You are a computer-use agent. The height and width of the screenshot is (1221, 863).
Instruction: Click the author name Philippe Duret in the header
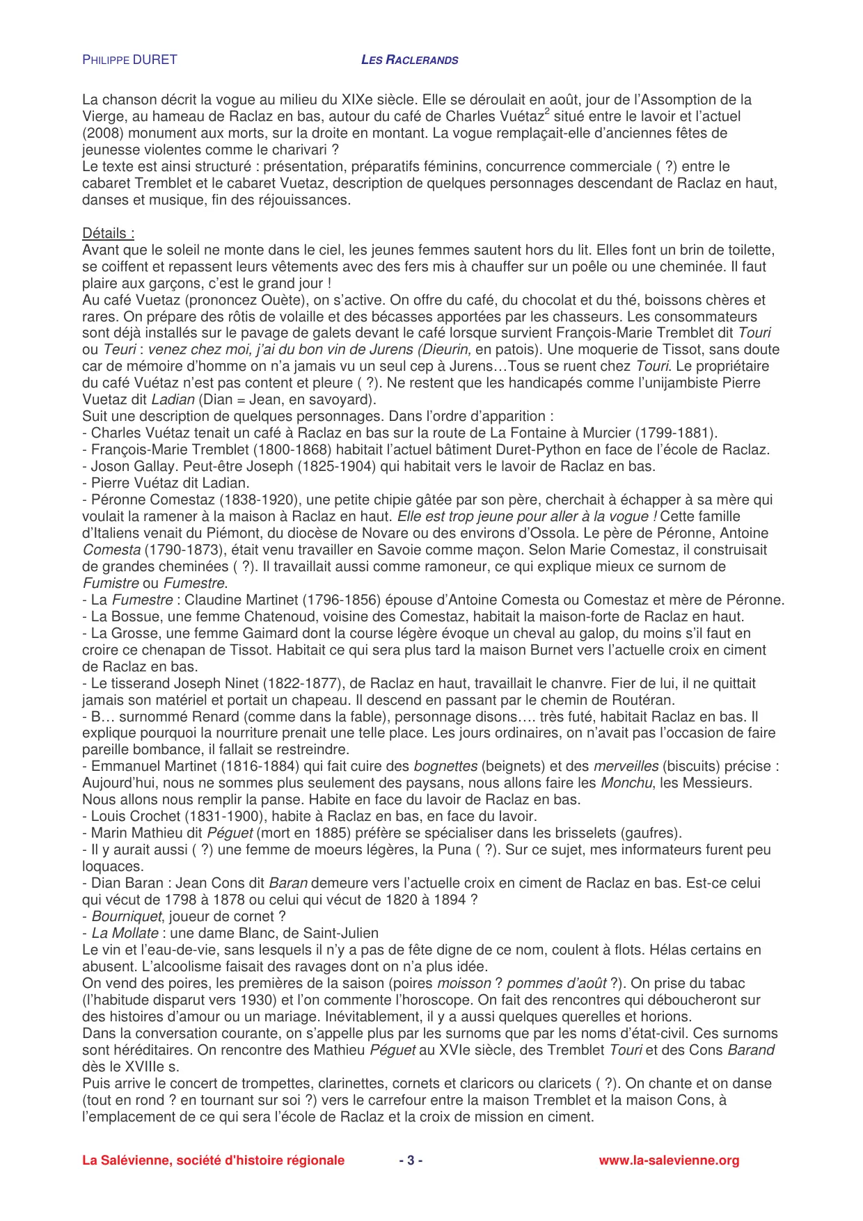pyautogui.click(x=129, y=60)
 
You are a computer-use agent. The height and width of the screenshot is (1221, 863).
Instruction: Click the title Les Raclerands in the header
pyautogui.click(x=409, y=60)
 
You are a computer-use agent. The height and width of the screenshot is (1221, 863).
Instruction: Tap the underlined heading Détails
pyautogui.click(x=108, y=234)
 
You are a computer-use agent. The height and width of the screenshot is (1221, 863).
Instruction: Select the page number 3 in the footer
pyautogui.click(x=411, y=1160)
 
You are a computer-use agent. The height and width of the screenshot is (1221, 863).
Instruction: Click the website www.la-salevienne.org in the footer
pyautogui.click(x=669, y=1160)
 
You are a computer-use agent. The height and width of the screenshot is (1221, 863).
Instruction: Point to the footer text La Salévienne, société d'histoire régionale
pyautogui.click(x=213, y=1160)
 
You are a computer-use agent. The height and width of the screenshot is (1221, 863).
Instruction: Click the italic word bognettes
pyautogui.click(x=445, y=767)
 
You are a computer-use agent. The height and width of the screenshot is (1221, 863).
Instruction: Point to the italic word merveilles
pyautogui.click(x=626, y=767)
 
